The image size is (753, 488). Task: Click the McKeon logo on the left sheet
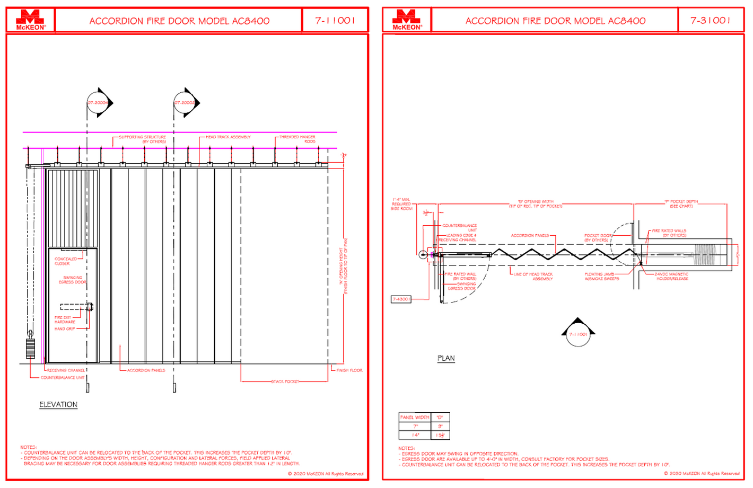click(31, 20)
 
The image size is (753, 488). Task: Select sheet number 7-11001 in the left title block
click(335, 21)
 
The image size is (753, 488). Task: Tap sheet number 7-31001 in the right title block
click(710, 21)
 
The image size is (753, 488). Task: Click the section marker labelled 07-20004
click(98, 103)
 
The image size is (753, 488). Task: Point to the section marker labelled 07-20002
click(185, 103)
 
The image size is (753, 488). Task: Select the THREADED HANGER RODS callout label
click(297, 139)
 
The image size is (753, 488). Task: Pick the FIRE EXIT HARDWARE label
click(64, 320)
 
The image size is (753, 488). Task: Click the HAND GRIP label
click(64, 329)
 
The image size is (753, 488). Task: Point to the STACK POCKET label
click(285, 381)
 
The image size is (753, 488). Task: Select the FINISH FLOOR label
click(349, 370)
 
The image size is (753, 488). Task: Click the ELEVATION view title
click(58, 405)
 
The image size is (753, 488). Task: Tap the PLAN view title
click(446, 359)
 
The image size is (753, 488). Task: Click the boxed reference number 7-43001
click(401, 299)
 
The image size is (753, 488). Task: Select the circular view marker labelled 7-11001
click(578, 334)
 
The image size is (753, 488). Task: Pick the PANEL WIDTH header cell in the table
click(415, 418)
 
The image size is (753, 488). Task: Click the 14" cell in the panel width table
click(415, 435)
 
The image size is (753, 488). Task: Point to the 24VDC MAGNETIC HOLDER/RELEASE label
click(671, 277)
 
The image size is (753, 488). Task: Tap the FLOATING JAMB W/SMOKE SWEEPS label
click(601, 277)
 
